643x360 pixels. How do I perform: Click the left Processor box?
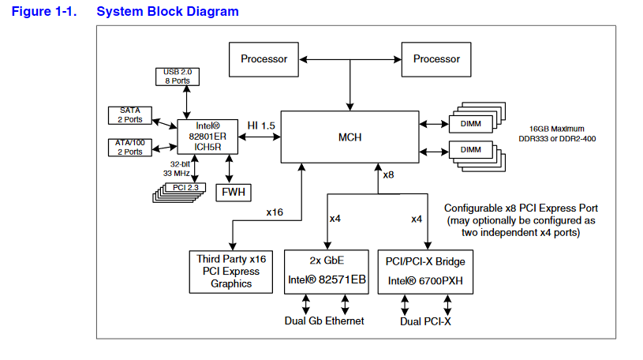tap(264, 59)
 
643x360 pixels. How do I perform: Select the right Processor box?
tap(436, 59)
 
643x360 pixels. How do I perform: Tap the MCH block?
tap(350, 138)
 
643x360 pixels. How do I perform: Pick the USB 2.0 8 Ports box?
tap(178, 77)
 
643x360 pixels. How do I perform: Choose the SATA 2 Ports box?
tap(131, 115)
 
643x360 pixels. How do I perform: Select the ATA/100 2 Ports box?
tap(131, 147)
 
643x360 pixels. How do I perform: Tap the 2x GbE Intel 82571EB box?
tap(325, 272)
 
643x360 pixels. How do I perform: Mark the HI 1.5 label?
tap(261, 126)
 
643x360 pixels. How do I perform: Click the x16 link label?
tap(275, 212)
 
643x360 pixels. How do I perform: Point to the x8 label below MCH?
tap(388, 174)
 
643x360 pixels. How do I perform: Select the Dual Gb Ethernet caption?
tap(325, 321)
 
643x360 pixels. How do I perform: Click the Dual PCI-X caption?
tap(426, 321)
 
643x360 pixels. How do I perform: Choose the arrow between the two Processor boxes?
tap(350, 59)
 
